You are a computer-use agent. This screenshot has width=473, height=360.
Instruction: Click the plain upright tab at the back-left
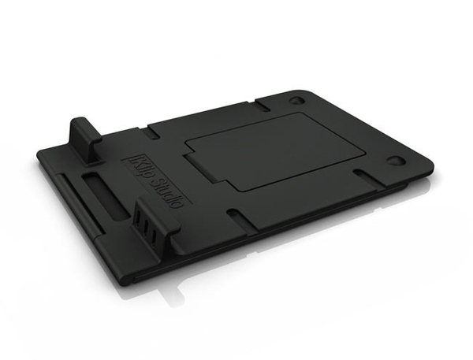[85, 140]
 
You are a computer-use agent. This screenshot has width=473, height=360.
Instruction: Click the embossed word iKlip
[141, 167]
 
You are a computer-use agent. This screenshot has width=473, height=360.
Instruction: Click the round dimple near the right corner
[395, 160]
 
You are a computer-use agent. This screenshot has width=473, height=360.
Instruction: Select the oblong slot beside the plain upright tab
[151, 134]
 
